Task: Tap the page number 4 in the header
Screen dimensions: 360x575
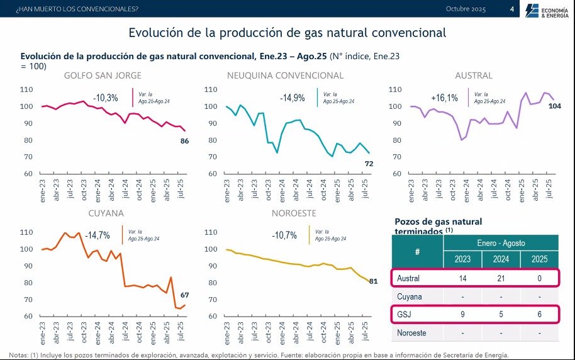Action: pos(511,9)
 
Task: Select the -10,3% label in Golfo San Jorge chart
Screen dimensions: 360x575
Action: pos(105,98)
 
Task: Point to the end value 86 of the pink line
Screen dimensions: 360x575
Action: pos(185,141)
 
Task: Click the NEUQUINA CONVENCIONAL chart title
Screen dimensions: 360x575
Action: pos(285,76)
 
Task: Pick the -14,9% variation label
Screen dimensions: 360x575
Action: pos(292,98)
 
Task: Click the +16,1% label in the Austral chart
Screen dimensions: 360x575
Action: pos(444,98)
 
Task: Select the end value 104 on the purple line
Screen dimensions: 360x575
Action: pos(555,106)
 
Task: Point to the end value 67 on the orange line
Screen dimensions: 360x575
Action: pos(185,295)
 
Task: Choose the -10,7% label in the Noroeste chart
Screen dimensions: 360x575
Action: pos(284,235)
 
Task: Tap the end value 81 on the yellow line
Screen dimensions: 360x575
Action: pos(373,281)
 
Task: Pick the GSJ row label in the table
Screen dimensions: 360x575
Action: pos(405,314)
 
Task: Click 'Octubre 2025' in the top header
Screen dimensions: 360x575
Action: pos(466,9)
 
